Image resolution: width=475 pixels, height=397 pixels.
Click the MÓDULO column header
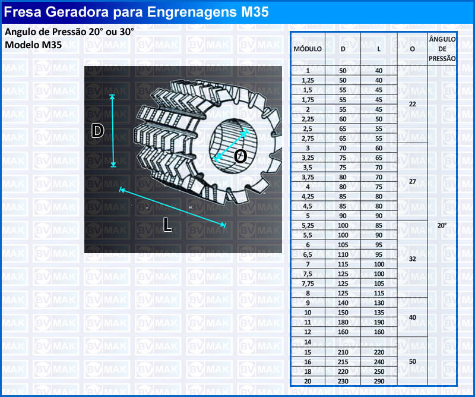[x=308, y=49]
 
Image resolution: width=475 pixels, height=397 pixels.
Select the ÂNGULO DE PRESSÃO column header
[x=442, y=49]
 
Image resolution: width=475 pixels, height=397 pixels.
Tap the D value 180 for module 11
[x=343, y=322]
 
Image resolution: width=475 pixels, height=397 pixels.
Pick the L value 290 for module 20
[x=379, y=381]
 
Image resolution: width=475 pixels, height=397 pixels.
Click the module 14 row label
[x=308, y=342]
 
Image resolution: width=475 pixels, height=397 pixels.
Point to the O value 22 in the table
[x=412, y=104]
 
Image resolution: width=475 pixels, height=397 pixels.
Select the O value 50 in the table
[x=412, y=361]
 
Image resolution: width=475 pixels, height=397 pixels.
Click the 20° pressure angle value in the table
[x=442, y=225]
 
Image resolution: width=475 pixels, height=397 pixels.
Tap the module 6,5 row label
[x=308, y=254]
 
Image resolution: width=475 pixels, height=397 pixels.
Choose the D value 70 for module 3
[x=343, y=148]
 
